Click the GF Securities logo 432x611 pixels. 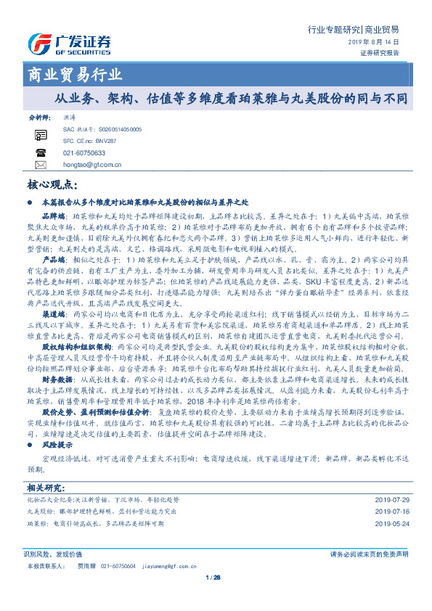click(x=68, y=44)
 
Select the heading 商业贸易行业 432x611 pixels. click(x=74, y=75)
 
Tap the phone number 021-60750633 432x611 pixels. click(x=84, y=153)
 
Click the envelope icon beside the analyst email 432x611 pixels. click(x=40, y=165)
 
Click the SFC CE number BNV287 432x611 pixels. click(x=101, y=140)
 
